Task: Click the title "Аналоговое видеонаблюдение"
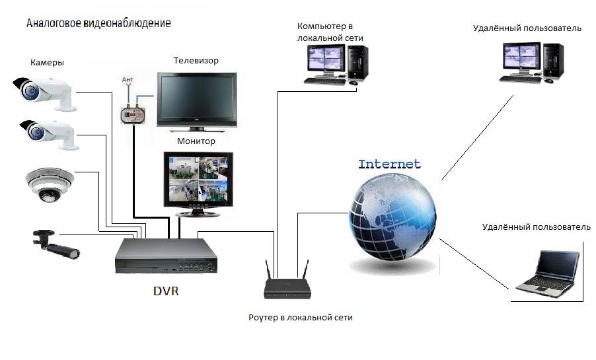98,23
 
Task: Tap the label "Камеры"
47,63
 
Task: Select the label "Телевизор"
196,61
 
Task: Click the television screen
196,98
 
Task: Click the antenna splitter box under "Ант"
132,114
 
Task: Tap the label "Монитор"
196,141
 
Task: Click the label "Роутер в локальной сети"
300,318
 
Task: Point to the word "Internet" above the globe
389,164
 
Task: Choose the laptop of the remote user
548,273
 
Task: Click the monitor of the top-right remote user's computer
521,57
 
